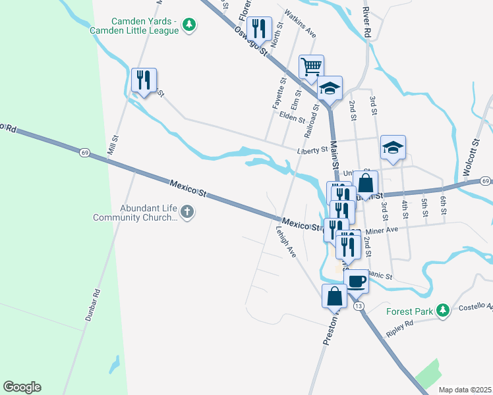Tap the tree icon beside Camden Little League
tap(190, 25)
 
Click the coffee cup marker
tap(356, 281)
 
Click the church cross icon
tap(187, 212)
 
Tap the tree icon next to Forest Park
tap(444, 310)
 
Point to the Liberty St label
tap(312, 151)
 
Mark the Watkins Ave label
tap(301, 24)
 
